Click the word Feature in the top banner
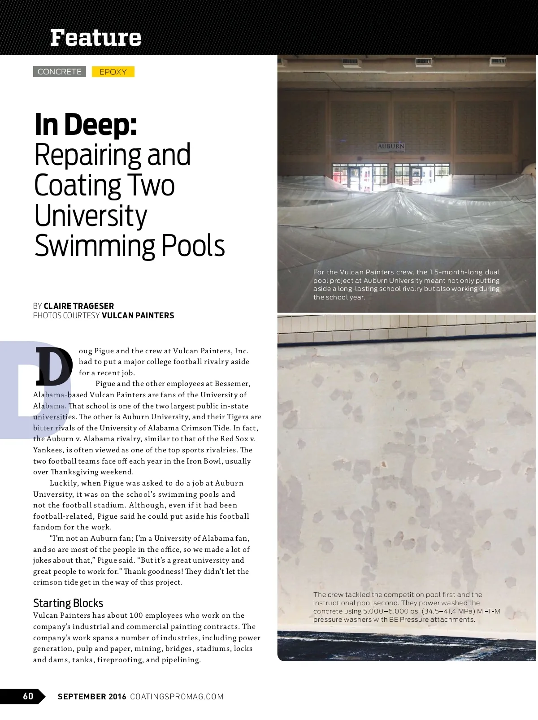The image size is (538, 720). (95, 38)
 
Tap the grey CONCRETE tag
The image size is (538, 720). (60, 72)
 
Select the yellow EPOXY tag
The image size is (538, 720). (113, 72)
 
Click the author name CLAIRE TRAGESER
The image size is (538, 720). (79, 306)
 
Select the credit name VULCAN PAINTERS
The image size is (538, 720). (138, 315)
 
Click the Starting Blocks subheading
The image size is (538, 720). (68, 603)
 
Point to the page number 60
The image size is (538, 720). (28, 696)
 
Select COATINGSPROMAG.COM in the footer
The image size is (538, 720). (177, 696)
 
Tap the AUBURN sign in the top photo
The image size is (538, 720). (391, 147)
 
